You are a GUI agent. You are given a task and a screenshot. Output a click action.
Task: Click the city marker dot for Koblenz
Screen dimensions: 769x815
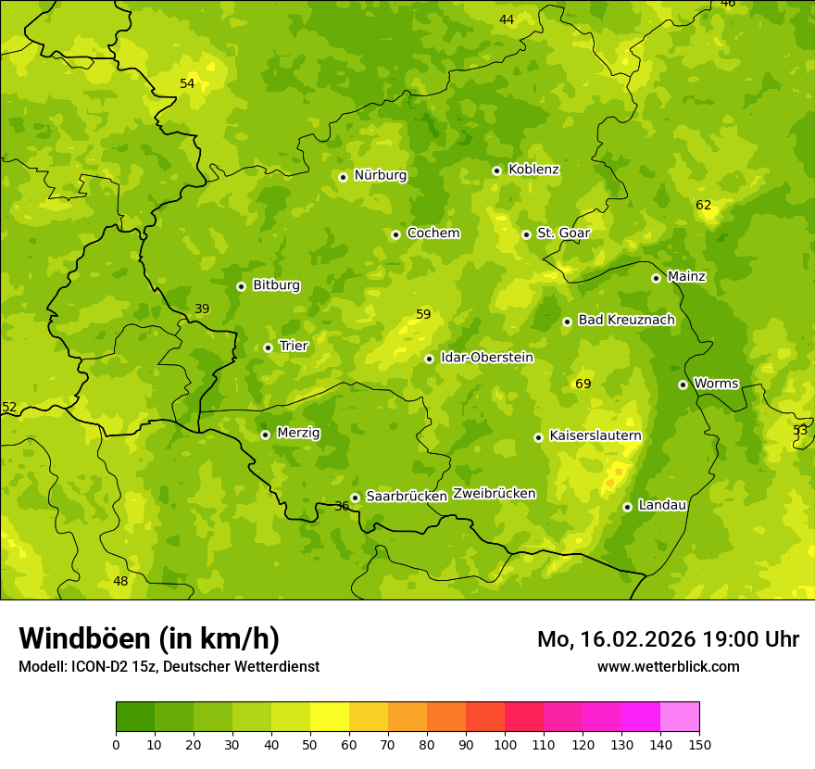click(x=496, y=170)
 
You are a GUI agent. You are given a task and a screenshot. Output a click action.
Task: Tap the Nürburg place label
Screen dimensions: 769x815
click(x=380, y=175)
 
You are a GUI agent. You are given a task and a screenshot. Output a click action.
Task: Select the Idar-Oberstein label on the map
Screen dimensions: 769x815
click(x=486, y=358)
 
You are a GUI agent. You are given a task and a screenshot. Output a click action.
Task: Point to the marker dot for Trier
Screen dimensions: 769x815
click(x=268, y=347)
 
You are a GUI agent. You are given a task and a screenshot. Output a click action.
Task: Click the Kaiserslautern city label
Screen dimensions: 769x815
click(x=595, y=435)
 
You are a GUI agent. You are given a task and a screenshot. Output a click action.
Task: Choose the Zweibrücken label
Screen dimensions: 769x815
click(x=494, y=494)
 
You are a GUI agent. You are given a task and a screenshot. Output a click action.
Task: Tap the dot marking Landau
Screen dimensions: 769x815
click(x=627, y=507)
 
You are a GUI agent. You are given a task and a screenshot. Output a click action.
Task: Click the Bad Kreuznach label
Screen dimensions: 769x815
click(x=626, y=320)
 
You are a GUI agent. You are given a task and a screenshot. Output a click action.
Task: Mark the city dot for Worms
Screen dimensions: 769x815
click(x=683, y=384)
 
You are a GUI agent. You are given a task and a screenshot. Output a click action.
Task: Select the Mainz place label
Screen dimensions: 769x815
click(x=686, y=276)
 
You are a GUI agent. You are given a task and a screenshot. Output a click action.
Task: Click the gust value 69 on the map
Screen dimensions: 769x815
click(x=583, y=384)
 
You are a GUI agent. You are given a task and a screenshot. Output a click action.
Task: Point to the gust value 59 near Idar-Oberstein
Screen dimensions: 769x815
click(x=423, y=315)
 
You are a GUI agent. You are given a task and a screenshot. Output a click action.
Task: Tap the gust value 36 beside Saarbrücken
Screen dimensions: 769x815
click(x=342, y=506)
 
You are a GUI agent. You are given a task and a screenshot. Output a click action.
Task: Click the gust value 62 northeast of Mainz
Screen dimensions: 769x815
click(x=704, y=205)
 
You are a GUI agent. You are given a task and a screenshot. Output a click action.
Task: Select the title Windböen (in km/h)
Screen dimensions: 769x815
click(x=149, y=638)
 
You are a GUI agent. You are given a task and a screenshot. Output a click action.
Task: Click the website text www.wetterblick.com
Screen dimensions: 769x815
click(x=668, y=667)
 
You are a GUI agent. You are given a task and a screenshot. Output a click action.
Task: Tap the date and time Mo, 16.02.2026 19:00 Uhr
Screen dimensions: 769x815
click(x=668, y=639)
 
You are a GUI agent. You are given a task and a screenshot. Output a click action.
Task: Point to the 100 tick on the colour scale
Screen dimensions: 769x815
click(x=505, y=744)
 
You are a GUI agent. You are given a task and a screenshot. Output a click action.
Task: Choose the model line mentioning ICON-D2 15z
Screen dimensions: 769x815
click(x=169, y=667)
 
